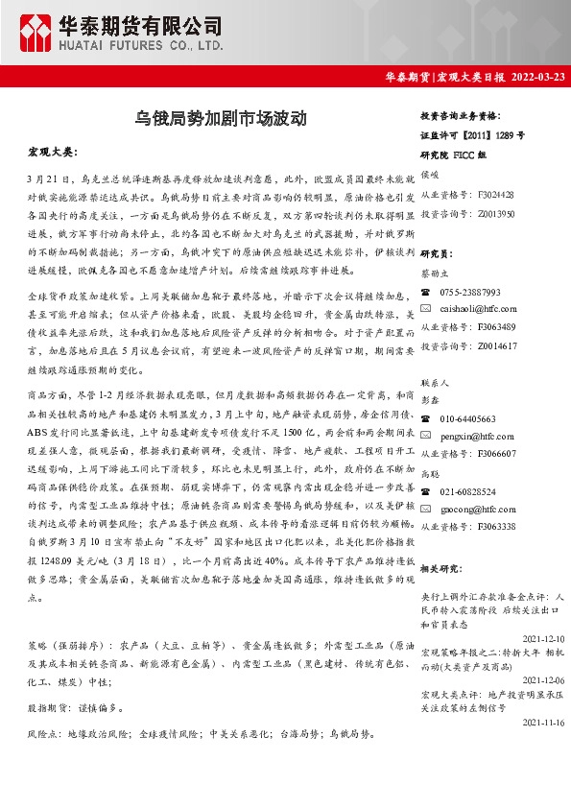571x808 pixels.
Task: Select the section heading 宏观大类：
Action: (53, 153)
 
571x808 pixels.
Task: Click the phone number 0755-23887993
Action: (470, 292)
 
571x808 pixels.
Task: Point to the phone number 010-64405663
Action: (468, 419)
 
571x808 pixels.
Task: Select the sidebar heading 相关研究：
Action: (442, 568)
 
